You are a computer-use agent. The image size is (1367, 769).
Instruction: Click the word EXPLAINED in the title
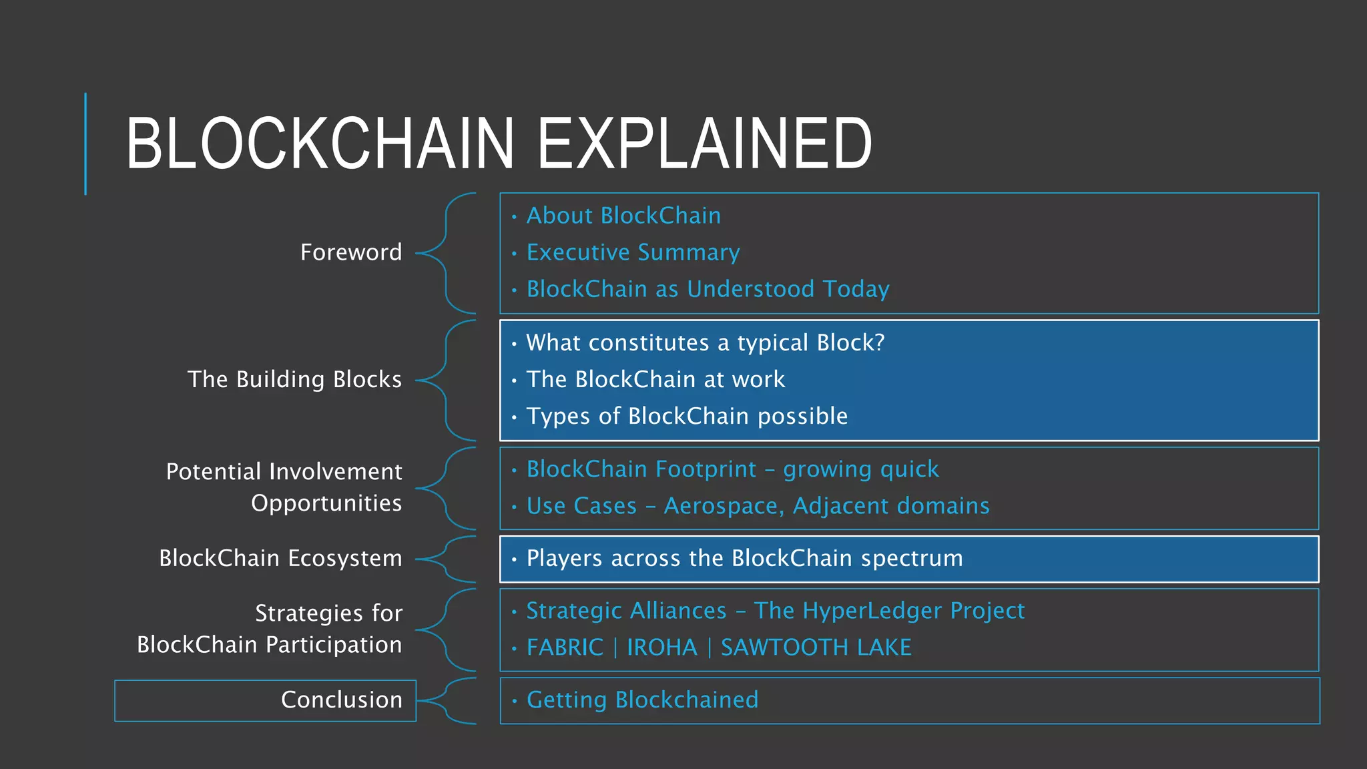tap(704, 144)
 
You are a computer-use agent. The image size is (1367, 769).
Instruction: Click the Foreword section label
tap(351, 252)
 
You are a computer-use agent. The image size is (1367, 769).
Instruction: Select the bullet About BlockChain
tap(623, 216)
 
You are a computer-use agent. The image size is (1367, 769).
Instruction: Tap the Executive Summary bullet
tap(633, 252)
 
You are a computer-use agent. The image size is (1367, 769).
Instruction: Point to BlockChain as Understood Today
tap(708, 289)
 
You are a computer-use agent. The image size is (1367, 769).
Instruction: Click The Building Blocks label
tap(294, 379)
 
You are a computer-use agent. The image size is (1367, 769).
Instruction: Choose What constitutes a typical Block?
tap(705, 342)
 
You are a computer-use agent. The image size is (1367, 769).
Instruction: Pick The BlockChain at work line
tap(655, 379)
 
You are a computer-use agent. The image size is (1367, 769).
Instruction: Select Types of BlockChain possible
tap(687, 416)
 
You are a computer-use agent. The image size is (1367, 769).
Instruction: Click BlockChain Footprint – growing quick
tap(732, 469)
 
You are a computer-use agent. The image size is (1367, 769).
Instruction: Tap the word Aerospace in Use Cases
tap(722, 506)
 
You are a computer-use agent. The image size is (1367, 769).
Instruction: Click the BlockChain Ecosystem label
tap(280, 558)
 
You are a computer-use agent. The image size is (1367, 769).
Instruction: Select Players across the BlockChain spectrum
tap(744, 558)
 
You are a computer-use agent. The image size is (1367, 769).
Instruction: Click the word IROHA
tap(661, 648)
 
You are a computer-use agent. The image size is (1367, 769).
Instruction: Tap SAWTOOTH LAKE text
tap(816, 648)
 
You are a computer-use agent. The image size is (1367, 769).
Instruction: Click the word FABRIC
tap(565, 648)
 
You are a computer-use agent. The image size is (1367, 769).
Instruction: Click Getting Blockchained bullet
tap(642, 700)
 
